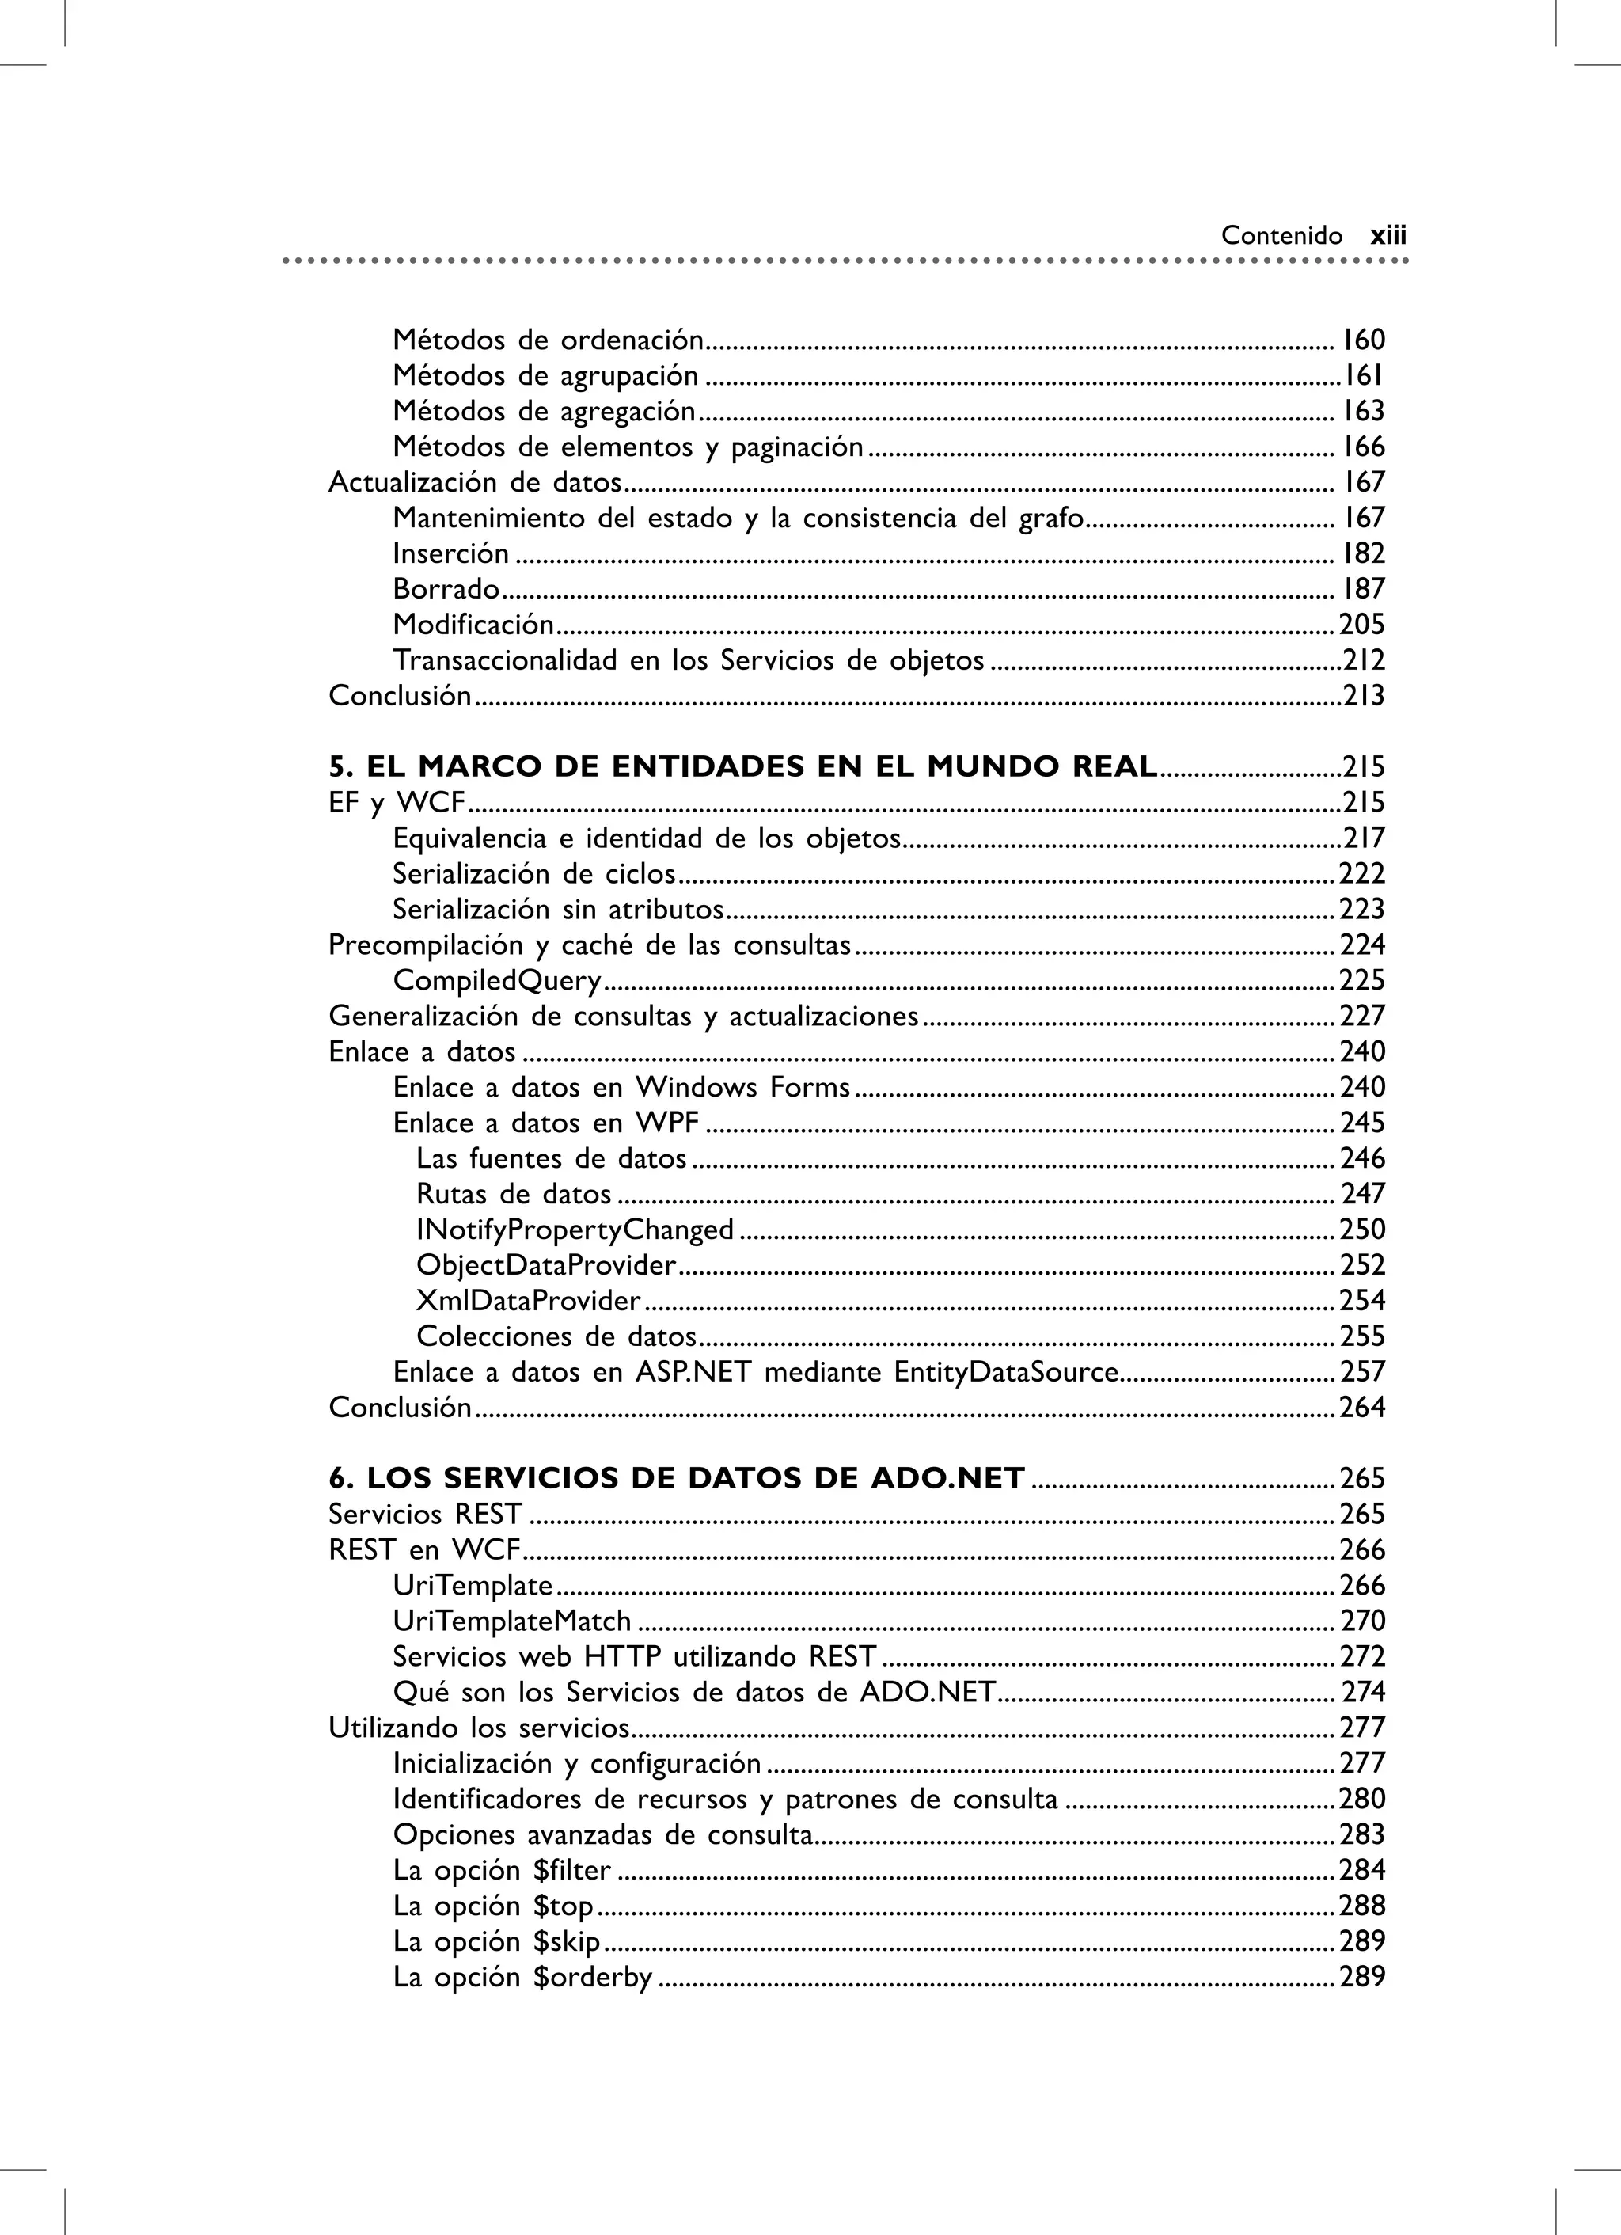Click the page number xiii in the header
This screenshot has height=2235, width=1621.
click(1388, 235)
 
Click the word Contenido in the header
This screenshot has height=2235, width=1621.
click(1281, 235)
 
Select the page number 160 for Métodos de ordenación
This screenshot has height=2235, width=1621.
click(1363, 340)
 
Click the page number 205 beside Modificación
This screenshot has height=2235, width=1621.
click(1362, 625)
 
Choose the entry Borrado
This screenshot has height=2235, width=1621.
click(446, 589)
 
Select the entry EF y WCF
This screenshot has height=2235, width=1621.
click(396, 803)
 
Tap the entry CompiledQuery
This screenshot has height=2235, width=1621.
click(496, 980)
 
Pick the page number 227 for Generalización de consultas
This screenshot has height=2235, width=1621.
click(1362, 1016)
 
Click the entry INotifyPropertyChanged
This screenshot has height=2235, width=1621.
click(575, 1230)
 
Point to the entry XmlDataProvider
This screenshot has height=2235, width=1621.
click(528, 1301)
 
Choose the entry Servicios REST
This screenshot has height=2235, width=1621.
click(425, 1515)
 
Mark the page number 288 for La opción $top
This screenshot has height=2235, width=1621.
click(1362, 1906)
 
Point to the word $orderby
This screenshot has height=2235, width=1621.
click(592, 1977)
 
